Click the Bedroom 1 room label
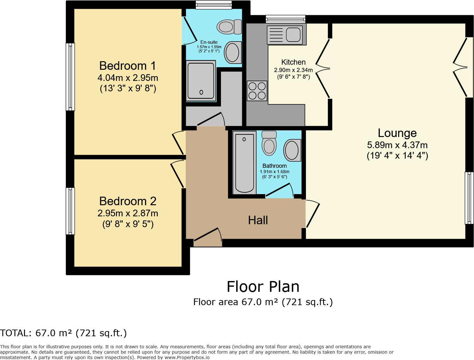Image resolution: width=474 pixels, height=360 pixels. pos(127,66)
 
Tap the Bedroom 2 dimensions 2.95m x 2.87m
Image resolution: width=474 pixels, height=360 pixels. pos(128,213)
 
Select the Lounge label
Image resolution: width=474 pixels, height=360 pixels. pos(397,133)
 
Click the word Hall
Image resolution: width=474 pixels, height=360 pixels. pos(258,220)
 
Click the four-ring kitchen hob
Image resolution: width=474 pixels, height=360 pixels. pos(257,90)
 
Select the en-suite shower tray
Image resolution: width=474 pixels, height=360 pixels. pos(201,81)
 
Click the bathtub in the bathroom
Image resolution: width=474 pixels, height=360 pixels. pos(244,163)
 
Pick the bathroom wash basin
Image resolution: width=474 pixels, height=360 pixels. pos(292,150)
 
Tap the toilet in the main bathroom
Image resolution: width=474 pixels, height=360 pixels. pos(269,143)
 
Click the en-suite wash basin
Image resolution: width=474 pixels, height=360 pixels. pos(232,52)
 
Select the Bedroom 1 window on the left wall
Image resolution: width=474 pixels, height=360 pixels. pos(70,77)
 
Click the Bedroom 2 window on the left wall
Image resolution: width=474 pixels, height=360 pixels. pos(70,211)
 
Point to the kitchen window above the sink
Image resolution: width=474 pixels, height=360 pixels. pos(285,19)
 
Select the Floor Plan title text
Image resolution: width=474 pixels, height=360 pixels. pos(263,286)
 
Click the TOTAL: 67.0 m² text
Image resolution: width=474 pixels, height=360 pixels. pos(63,333)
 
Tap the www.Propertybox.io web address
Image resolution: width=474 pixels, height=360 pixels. pos(187,357)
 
